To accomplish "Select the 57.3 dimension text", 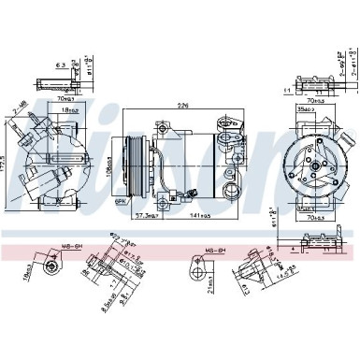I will [x=146, y=215].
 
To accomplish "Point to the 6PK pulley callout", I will [x=120, y=201].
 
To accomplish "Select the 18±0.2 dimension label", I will [x=67, y=111].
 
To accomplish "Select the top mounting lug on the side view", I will [x=163, y=126].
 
